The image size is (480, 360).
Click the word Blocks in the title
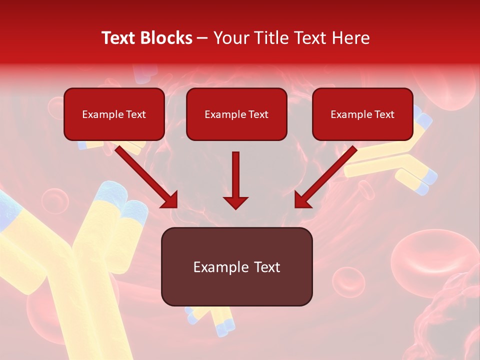[x=166, y=38]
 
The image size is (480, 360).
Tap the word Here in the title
[x=349, y=38]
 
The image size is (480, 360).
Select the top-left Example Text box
[x=114, y=114]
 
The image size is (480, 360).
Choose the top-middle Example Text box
[x=236, y=114]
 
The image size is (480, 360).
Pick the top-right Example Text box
[x=362, y=114]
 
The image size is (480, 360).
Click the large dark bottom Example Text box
[x=236, y=266]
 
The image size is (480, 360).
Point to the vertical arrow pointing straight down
[x=235, y=180]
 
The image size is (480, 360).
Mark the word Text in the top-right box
[x=384, y=114]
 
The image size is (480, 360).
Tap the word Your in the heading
[x=231, y=38]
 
